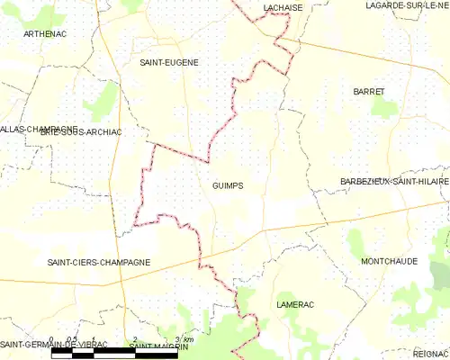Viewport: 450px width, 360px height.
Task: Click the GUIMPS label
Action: [x=227, y=186]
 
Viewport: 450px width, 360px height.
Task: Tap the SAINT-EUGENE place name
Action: [x=168, y=62]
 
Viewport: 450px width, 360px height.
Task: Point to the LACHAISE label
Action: [x=282, y=6]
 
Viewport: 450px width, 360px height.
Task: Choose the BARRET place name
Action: [x=369, y=92]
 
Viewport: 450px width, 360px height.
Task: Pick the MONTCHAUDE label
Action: [x=388, y=261]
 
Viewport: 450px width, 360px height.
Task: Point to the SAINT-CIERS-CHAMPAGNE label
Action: [x=98, y=262]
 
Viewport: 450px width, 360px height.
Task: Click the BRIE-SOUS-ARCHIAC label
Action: [x=81, y=131]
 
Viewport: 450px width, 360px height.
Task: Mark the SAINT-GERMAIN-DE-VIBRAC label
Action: [x=54, y=345]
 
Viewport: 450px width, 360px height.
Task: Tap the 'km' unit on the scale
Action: [x=190, y=338]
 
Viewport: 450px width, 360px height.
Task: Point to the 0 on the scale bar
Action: [x=52, y=339]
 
